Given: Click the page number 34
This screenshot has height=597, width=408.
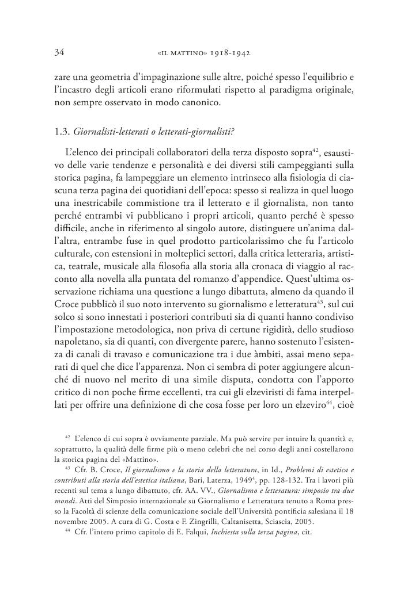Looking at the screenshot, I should [58, 53].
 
